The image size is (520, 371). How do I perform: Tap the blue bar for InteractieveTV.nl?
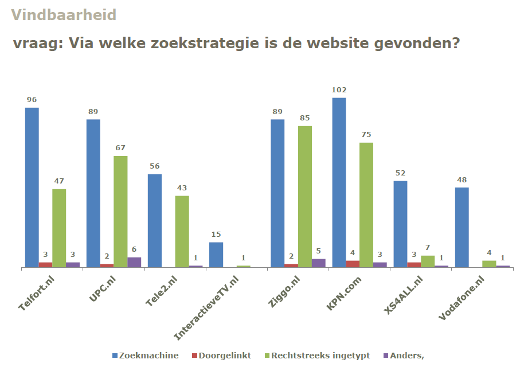click(x=216, y=255)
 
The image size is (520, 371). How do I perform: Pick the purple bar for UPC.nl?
click(x=134, y=262)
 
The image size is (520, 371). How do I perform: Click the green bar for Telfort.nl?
click(x=59, y=228)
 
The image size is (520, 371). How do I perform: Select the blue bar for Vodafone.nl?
click(x=462, y=227)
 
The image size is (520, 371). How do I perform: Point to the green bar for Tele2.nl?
click(x=182, y=231)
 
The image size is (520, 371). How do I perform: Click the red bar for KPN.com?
click(x=353, y=264)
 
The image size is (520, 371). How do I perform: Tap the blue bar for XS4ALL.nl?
click(x=400, y=224)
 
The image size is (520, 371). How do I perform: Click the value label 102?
click(x=339, y=90)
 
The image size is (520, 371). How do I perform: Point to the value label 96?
click(x=32, y=100)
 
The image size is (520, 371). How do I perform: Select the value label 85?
click(x=304, y=119)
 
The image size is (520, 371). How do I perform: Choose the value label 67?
click(x=120, y=148)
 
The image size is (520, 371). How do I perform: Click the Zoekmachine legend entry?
click(x=145, y=356)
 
